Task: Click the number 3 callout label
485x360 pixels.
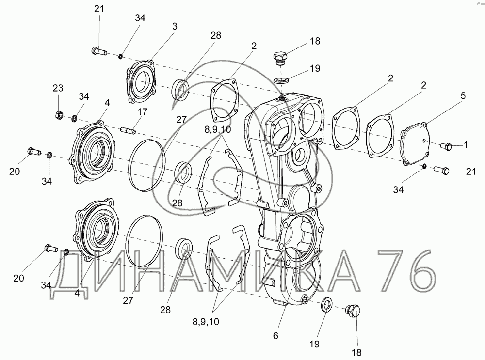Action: (175, 27)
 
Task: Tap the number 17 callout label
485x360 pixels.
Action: (142, 112)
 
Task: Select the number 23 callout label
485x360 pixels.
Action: (58, 88)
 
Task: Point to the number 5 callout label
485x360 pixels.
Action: (463, 96)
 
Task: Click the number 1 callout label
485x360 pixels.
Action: (466, 144)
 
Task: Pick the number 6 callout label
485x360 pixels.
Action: (275, 336)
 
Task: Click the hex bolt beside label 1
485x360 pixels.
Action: (446, 146)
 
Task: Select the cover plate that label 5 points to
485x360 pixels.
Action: (414, 144)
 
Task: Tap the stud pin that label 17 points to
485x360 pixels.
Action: (129, 131)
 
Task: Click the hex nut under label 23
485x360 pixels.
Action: (59, 115)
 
